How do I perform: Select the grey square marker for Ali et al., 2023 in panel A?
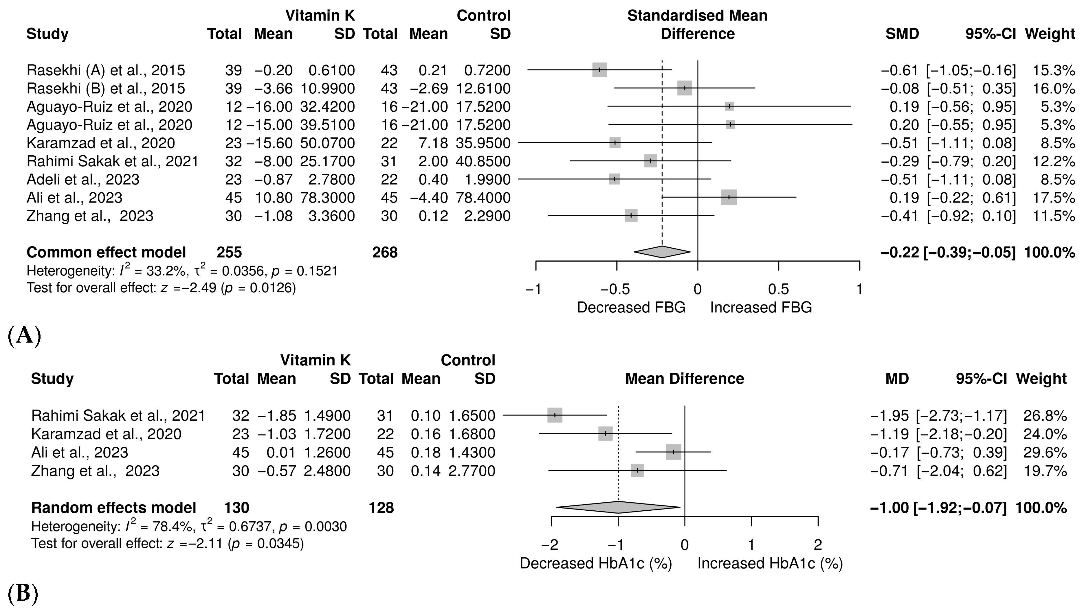point(729,197)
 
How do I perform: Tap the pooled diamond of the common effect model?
point(662,252)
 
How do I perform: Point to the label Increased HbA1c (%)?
point(770,564)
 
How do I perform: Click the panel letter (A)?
point(25,336)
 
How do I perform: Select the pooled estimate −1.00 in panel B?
point(889,508)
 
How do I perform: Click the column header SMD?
point(902,34)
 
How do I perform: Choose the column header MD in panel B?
point(897,379)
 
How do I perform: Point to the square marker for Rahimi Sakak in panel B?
point(555,415)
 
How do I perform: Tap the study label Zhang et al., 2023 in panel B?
point(95,471)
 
